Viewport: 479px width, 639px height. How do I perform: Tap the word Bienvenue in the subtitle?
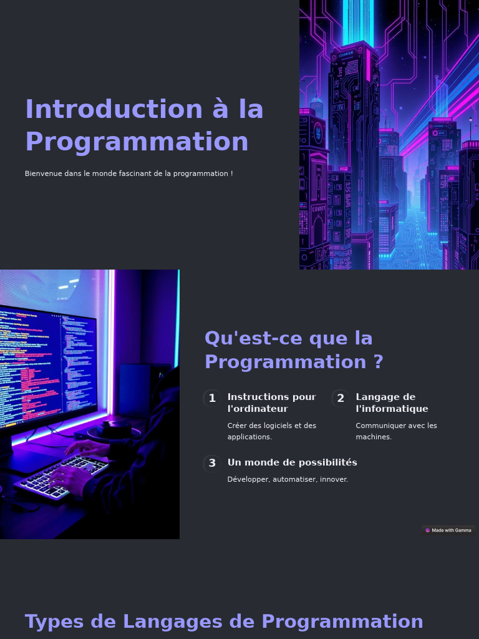(x=43, y=173)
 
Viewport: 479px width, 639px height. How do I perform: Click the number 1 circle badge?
(x=212, y=398)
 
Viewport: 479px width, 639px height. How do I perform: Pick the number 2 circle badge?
(x=341, y=398)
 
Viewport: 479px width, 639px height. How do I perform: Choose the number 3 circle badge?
(x=212, y=463)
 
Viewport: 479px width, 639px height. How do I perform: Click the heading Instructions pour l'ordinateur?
(x=272, y=402)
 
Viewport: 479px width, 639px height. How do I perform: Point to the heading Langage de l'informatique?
(x=392, y=402)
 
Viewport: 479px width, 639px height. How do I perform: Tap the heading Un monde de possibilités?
(x=292, y=462)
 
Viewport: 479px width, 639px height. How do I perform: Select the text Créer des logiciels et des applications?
(x=272, y=431)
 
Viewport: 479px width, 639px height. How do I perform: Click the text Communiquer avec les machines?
(x=396, y=431)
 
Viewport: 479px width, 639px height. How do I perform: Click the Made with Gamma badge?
(x=448, y=530)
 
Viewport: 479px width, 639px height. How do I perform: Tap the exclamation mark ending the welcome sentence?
(x=231, y=173)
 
